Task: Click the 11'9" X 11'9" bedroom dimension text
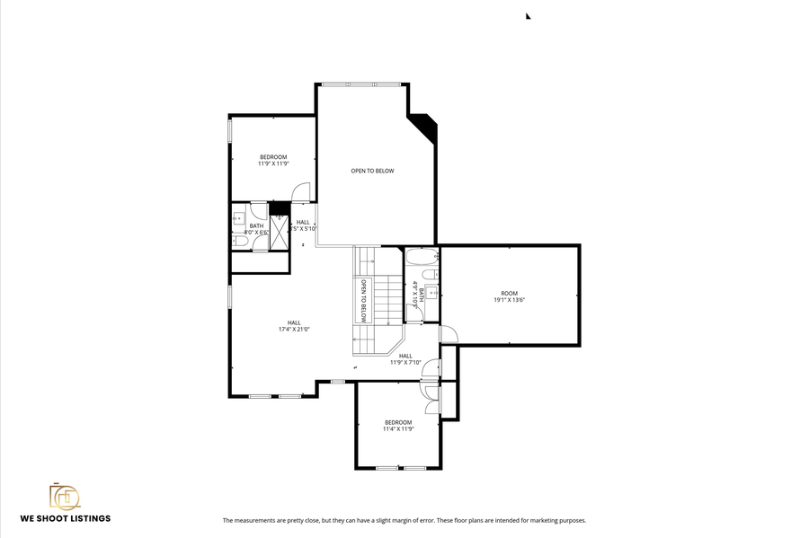click(273, 164)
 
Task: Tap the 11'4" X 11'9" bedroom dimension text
click(398, 429)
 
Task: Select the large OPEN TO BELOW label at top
click(372, 171)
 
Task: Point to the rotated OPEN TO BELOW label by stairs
click(364, 301)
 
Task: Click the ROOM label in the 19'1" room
click(510, 294)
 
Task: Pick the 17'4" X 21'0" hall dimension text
click(294, 330)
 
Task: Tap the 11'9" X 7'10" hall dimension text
click(405, 363)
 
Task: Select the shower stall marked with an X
click(279, 232)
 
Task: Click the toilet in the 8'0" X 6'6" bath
click(240, 240)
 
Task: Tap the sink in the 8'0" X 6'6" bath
click(239, 217)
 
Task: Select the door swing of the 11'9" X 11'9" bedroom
click(302, 191)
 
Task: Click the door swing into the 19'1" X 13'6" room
click(449, 334)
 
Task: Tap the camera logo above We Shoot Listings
click(65, 497)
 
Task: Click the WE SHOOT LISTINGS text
click(66, 518)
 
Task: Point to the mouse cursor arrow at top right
click(529, 15)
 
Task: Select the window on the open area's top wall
click(361, 84)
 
